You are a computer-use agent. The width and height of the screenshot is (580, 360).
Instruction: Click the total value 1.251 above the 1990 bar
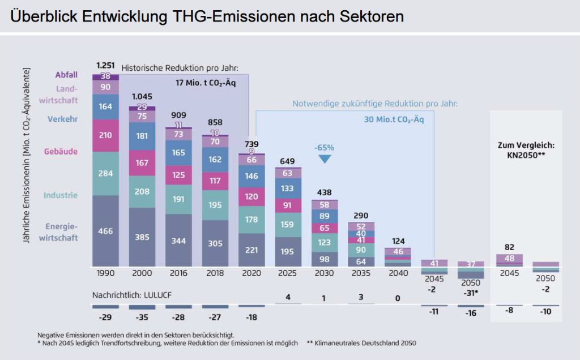point(106,65)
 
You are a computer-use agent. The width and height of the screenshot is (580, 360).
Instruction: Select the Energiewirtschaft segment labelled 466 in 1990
point(106,231)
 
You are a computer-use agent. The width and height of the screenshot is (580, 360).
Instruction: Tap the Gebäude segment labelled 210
point(106,135)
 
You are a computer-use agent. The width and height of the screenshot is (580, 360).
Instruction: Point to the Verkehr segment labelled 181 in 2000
point(142,136)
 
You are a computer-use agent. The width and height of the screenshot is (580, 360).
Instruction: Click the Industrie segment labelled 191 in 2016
point(178,199)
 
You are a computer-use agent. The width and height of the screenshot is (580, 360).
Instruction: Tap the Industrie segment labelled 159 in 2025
point(287,224)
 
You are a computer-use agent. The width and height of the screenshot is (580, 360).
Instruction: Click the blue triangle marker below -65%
point(325,159)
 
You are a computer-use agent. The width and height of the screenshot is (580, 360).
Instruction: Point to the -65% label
point(325,147)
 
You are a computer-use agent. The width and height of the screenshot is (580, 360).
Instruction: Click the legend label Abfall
point(66,75)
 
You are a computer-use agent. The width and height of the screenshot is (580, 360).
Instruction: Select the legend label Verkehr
point(63,119)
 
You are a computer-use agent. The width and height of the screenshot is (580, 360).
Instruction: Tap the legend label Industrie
point(61,195)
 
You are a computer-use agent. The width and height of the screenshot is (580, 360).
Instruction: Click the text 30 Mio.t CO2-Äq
point(394,120)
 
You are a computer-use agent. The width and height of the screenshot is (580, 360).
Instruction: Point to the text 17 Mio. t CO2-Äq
point(205,83)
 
